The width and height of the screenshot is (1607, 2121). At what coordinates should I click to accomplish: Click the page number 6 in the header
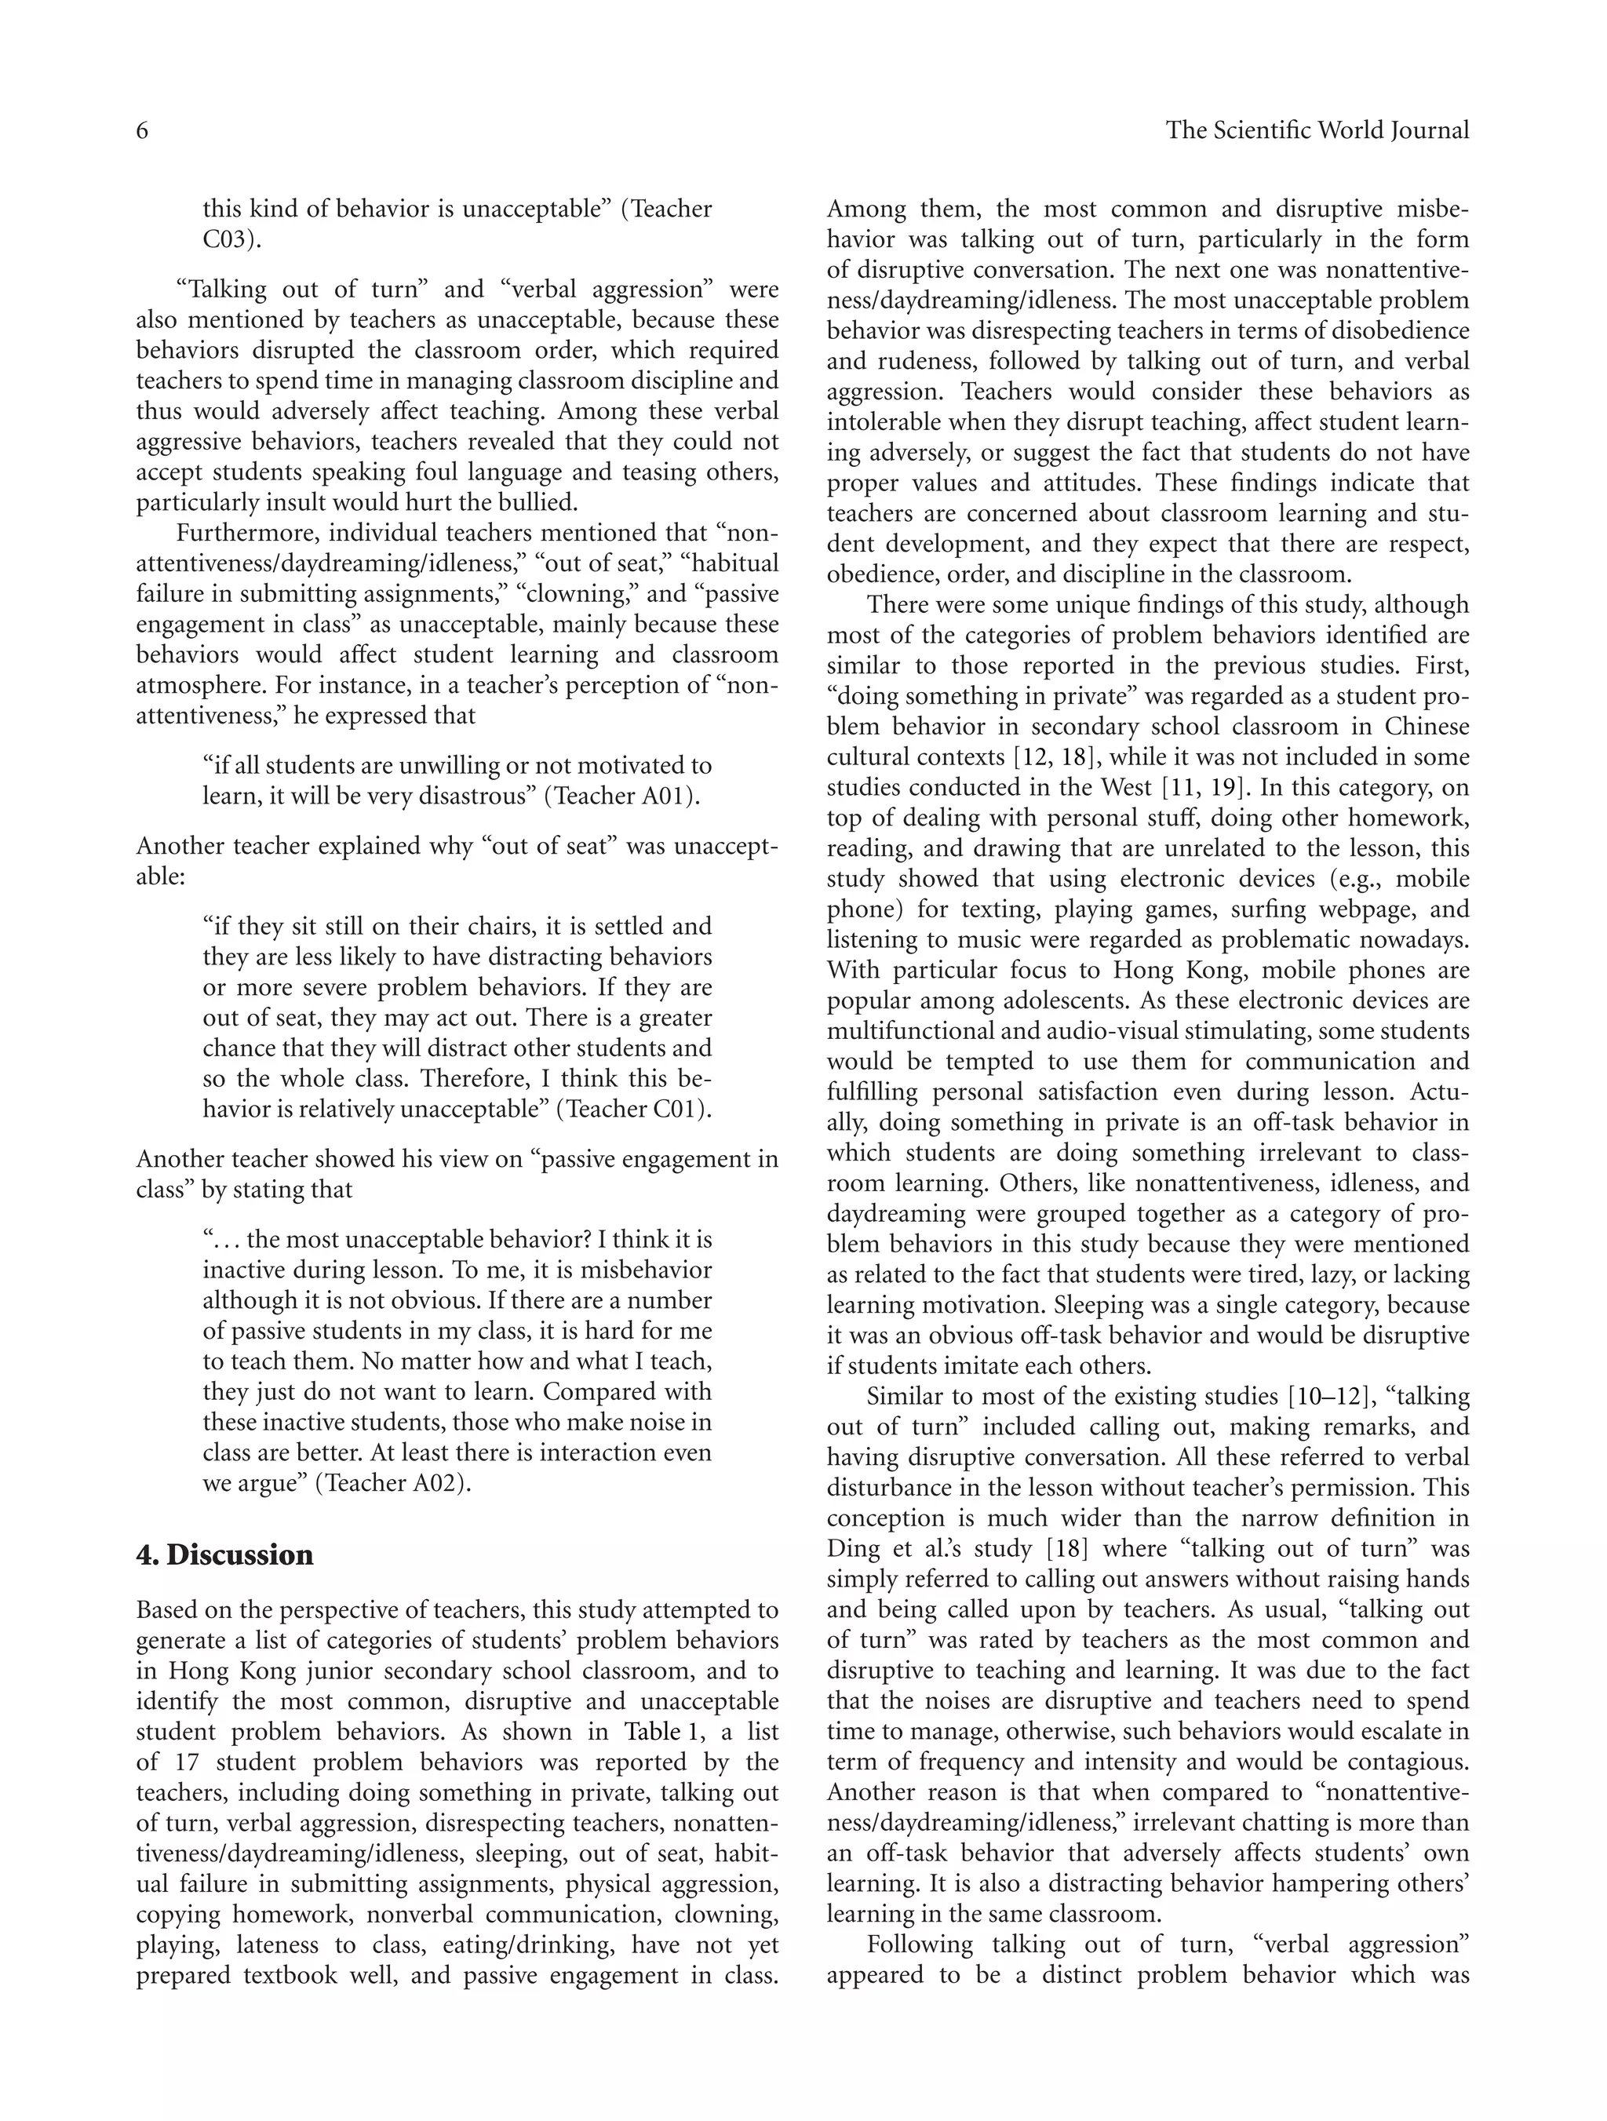point(142,130)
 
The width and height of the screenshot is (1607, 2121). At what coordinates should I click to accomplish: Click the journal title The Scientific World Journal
point(1317,130)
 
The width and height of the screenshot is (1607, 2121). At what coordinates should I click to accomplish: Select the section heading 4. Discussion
point(224,1555)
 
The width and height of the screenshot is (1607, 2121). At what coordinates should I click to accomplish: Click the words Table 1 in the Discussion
point(665,1733)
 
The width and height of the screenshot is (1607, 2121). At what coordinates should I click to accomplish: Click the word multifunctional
point(911,1032)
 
